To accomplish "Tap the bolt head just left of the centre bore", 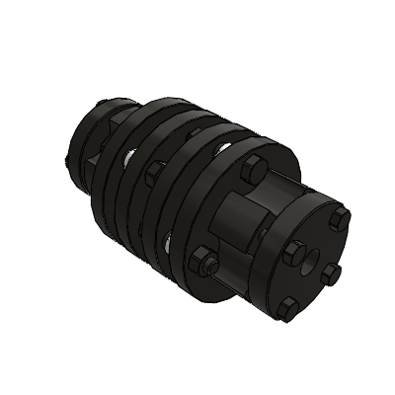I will (x=292, y=254).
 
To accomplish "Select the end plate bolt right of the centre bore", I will (x=332, y=269).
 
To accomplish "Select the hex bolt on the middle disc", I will (x=151, y=174).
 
